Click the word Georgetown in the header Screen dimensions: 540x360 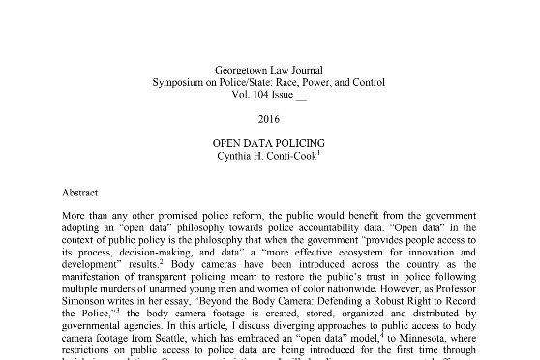coord(242,71)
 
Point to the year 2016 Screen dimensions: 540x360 coord(270,119)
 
